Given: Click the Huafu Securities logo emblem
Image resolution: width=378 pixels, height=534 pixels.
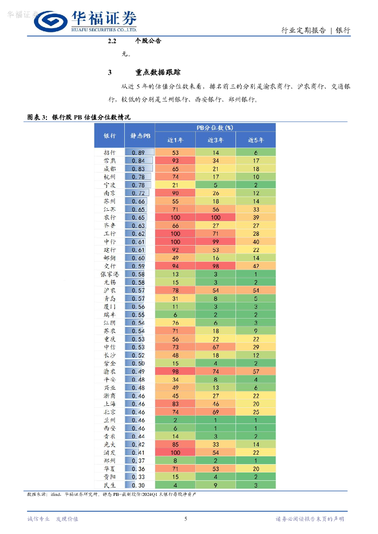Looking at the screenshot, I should click(x=51, y=22).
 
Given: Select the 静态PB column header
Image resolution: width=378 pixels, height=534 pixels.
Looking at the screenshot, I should click(x=140, y=136).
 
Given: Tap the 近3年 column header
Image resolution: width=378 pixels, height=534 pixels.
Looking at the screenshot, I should click(x=215, y=140).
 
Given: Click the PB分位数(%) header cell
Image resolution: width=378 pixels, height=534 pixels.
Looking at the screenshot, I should click(x=215, y=127).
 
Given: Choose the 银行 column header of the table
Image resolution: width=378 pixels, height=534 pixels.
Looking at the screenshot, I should click(x=110, y=136).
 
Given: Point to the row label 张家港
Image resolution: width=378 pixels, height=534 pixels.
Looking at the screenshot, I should click(x=110, y=274).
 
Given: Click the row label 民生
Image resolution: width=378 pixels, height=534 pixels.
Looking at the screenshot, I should click(x=110, y=485).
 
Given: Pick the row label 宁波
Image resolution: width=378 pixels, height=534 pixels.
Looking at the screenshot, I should click(x=110, y=185).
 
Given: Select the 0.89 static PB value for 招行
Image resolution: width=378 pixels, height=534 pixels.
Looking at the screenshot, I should click(x=138, y=153).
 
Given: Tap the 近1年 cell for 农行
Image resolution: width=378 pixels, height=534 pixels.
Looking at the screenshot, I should click(x=175, y=217).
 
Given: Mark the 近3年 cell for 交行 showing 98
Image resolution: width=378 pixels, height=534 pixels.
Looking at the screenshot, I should click(x=215, y=266).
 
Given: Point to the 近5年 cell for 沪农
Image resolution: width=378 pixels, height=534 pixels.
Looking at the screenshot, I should click(x=255, y=290).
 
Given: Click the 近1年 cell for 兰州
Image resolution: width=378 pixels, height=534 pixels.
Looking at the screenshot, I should click(x=175, y=420).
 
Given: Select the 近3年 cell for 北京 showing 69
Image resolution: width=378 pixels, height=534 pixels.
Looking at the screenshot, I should click(x=215, y=412).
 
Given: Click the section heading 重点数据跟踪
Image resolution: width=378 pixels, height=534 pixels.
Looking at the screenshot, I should click(x=158, y=72).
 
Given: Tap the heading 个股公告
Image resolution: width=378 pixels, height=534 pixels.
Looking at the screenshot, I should click(x=148, y=41).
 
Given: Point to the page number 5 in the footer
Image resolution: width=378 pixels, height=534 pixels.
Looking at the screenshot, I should click(x=186, y=518).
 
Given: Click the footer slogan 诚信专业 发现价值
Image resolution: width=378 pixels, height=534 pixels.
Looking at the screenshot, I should click(x=52, y=518).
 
